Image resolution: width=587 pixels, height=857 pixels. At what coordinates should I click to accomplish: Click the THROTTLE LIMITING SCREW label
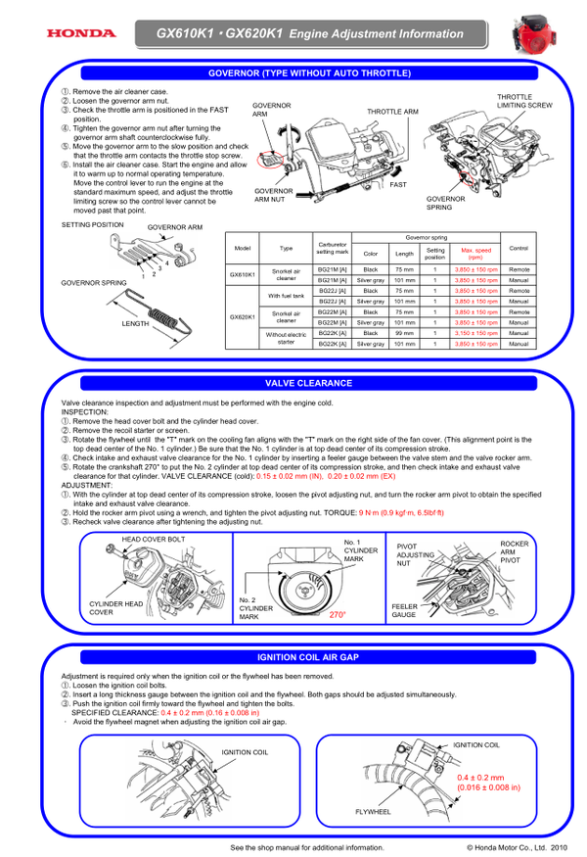point(524,101)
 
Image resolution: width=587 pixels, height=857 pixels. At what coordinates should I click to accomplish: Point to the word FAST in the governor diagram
point(398,184)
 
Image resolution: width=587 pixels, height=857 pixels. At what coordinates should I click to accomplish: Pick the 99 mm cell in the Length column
point(404,333)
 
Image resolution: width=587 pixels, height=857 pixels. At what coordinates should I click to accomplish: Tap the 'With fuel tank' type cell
point(286,296)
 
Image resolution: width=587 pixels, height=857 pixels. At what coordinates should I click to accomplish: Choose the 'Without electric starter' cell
point(286,338)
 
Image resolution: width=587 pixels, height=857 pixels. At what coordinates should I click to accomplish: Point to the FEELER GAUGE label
point(404,610)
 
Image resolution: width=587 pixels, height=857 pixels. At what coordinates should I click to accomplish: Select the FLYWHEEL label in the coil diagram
point(373,812)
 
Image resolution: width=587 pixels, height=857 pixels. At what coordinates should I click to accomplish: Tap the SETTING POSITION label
point(92,224)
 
